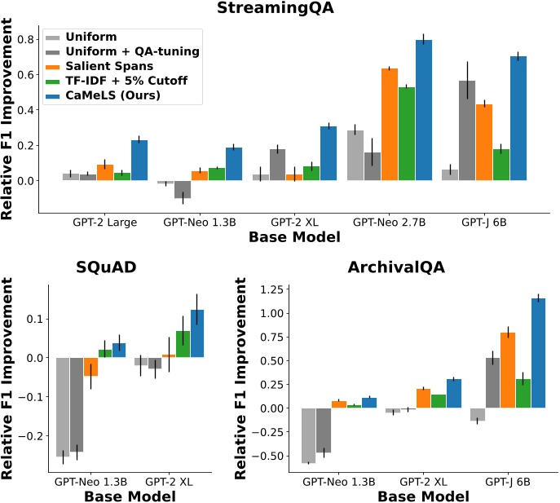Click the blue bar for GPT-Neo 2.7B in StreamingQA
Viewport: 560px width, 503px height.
point(423,110)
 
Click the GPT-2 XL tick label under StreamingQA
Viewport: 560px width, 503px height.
point(284,222)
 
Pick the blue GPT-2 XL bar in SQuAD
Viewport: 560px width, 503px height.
point(198,333)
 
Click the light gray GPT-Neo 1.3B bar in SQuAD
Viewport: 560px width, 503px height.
point(62,407)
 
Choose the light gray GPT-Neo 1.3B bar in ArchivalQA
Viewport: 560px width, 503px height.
point(308,435)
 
